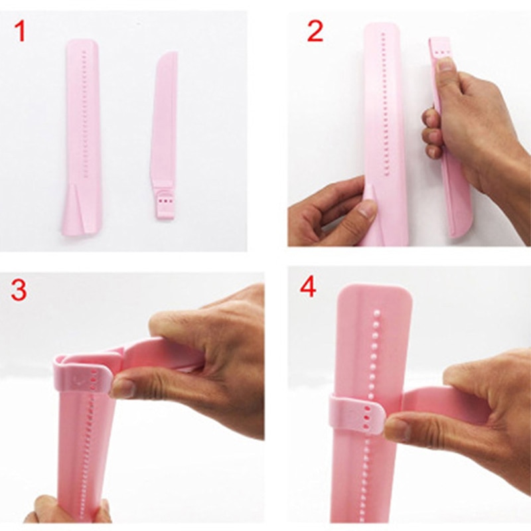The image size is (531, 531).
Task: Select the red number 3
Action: coord(19,289)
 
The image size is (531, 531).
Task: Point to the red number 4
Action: coord(309,289)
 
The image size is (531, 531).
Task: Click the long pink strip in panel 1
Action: coord(83,133)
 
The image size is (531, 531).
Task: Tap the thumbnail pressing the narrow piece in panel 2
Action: coord(445,64)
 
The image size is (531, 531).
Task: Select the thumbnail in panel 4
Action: coord(397,428)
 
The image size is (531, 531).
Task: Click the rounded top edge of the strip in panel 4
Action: coord(375,289)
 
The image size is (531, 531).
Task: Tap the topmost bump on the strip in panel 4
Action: coord(378,311)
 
